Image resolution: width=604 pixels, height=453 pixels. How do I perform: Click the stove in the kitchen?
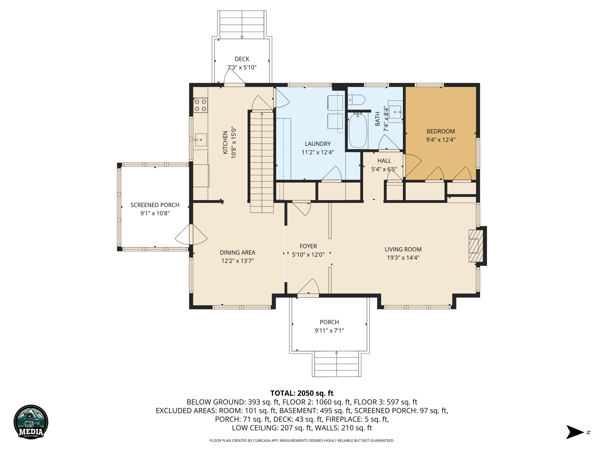tap(201, 105)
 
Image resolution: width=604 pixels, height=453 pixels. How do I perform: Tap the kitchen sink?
tap(201, 140)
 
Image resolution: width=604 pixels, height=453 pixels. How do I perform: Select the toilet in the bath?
tap(356, 100)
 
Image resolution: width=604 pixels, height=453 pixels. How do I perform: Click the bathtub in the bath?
tap(358, 131)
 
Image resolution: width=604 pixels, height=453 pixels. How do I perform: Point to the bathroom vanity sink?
tap(395, 112)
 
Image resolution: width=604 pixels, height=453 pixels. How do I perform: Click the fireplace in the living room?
tap(476, 246)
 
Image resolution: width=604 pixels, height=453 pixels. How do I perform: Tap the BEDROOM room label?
tap(441, 131)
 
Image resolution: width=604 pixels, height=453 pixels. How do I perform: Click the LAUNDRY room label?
tap(318, 144)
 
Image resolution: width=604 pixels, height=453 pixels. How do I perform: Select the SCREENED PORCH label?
tap(155, 205)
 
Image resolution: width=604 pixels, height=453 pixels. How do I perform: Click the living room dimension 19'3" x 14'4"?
tap(403, 258)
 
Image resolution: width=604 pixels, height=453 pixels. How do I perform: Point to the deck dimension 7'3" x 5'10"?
tap(242, 68)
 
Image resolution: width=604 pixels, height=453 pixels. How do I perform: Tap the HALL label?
tap(384, 161)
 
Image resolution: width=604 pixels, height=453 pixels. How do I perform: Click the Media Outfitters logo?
tap(31, 422)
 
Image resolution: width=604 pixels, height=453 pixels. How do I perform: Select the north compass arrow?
tap(575, 432)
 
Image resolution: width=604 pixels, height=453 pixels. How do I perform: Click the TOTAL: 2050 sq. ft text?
tap(302, 393)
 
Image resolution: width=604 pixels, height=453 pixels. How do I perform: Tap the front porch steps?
tap(337, 364)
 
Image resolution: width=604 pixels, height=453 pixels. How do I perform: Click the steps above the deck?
tap(242, 25)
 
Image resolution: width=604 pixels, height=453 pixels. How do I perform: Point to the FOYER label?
tap(308, 246)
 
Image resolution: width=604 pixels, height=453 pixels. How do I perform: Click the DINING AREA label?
tap(237, 252)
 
